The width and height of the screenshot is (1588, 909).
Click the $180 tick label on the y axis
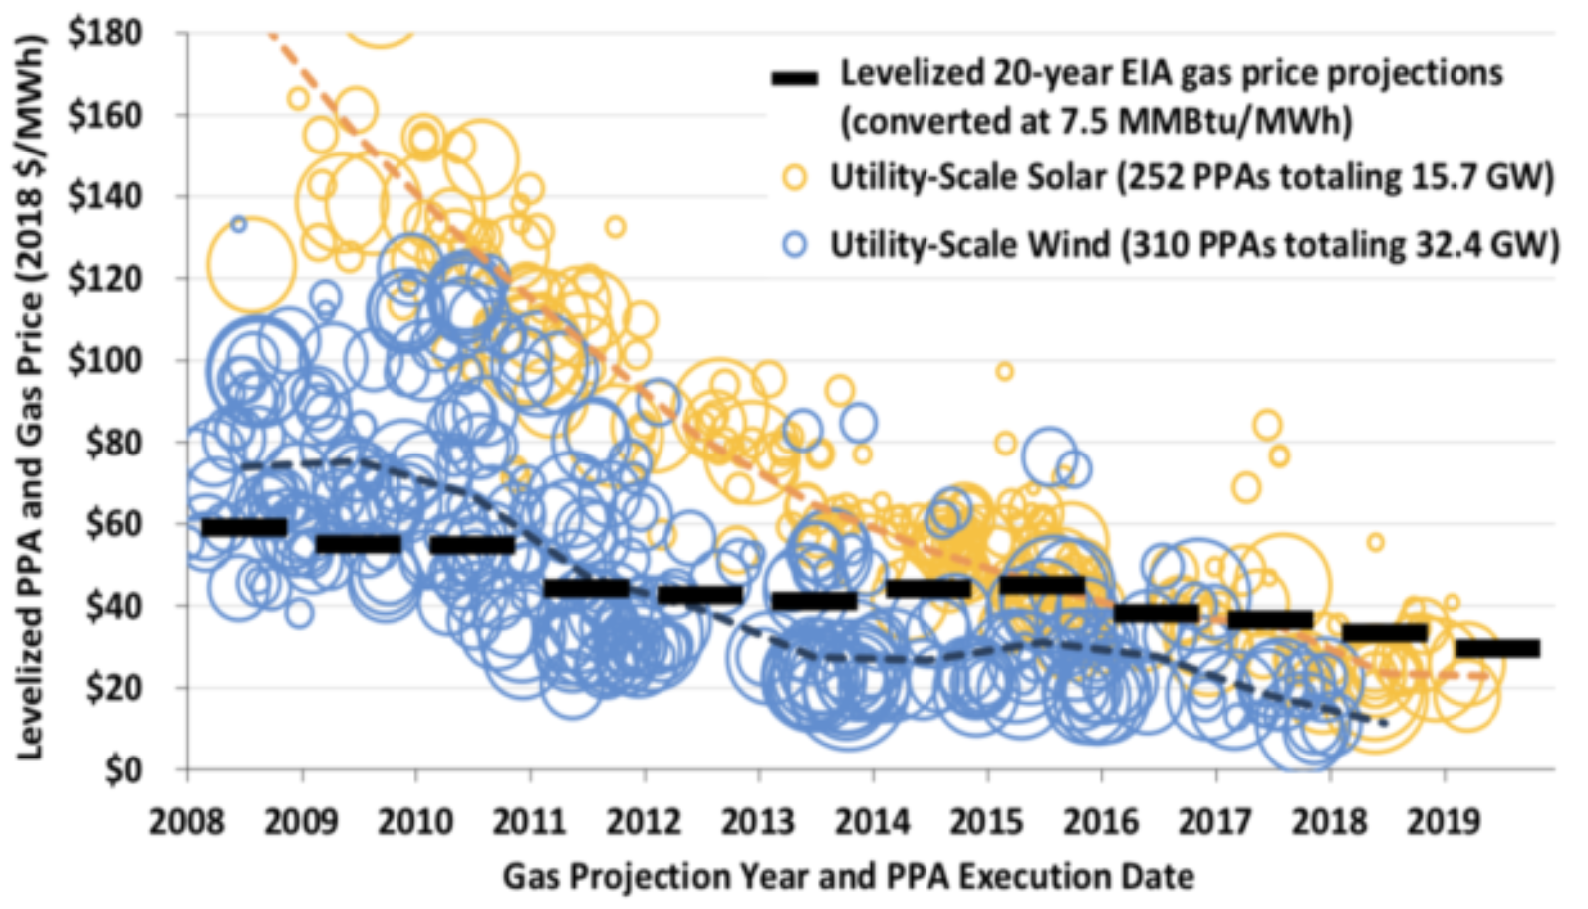tap(104, 33)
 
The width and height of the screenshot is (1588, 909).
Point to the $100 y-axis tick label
tap(104, 360)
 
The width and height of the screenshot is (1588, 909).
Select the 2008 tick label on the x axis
tap(188, 822)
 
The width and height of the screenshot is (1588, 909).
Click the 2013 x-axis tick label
tap(759, 822)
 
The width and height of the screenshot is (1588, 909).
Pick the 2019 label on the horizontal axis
tap(1444, 822)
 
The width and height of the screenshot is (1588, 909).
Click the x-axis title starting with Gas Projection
tap(848, 876)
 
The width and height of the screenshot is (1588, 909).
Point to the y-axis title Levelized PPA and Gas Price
tap(31, 399)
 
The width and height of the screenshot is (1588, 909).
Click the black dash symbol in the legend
tap(795, 77)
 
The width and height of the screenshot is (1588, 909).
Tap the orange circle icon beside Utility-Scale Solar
tap(795, 177)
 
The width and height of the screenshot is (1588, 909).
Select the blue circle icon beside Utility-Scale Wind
tap(795, 244)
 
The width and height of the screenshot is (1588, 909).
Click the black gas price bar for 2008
tap(244, 527)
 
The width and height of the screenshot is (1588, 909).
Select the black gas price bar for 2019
tap(1497, 648)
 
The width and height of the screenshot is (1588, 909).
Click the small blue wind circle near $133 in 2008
tap(238, 224)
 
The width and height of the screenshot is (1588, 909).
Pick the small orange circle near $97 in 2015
tap(1004, 372)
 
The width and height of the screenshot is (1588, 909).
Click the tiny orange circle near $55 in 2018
tap(1375, 542)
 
